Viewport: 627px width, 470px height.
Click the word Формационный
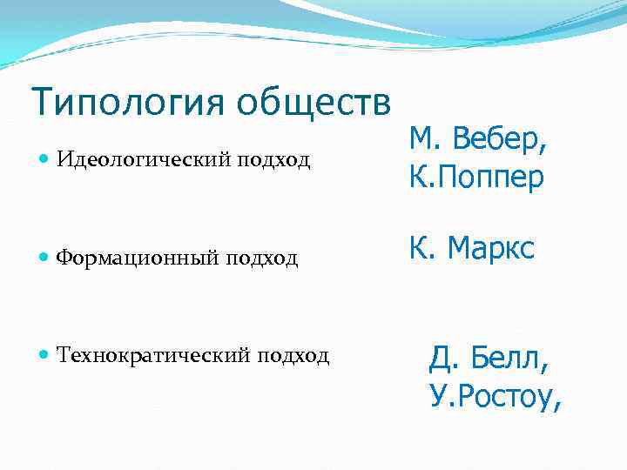click(x=140, y=258)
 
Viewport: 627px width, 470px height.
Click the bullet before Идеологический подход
click(x=45, y=160)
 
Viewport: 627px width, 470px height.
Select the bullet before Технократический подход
click(x=45, y=355)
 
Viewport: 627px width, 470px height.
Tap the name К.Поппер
click(x=475, y=178)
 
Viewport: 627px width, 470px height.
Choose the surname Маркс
click(x=490, y=250)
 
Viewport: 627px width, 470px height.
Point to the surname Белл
click(x=516, y=358)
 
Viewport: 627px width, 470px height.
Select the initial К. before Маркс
click(x=420, y=250)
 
